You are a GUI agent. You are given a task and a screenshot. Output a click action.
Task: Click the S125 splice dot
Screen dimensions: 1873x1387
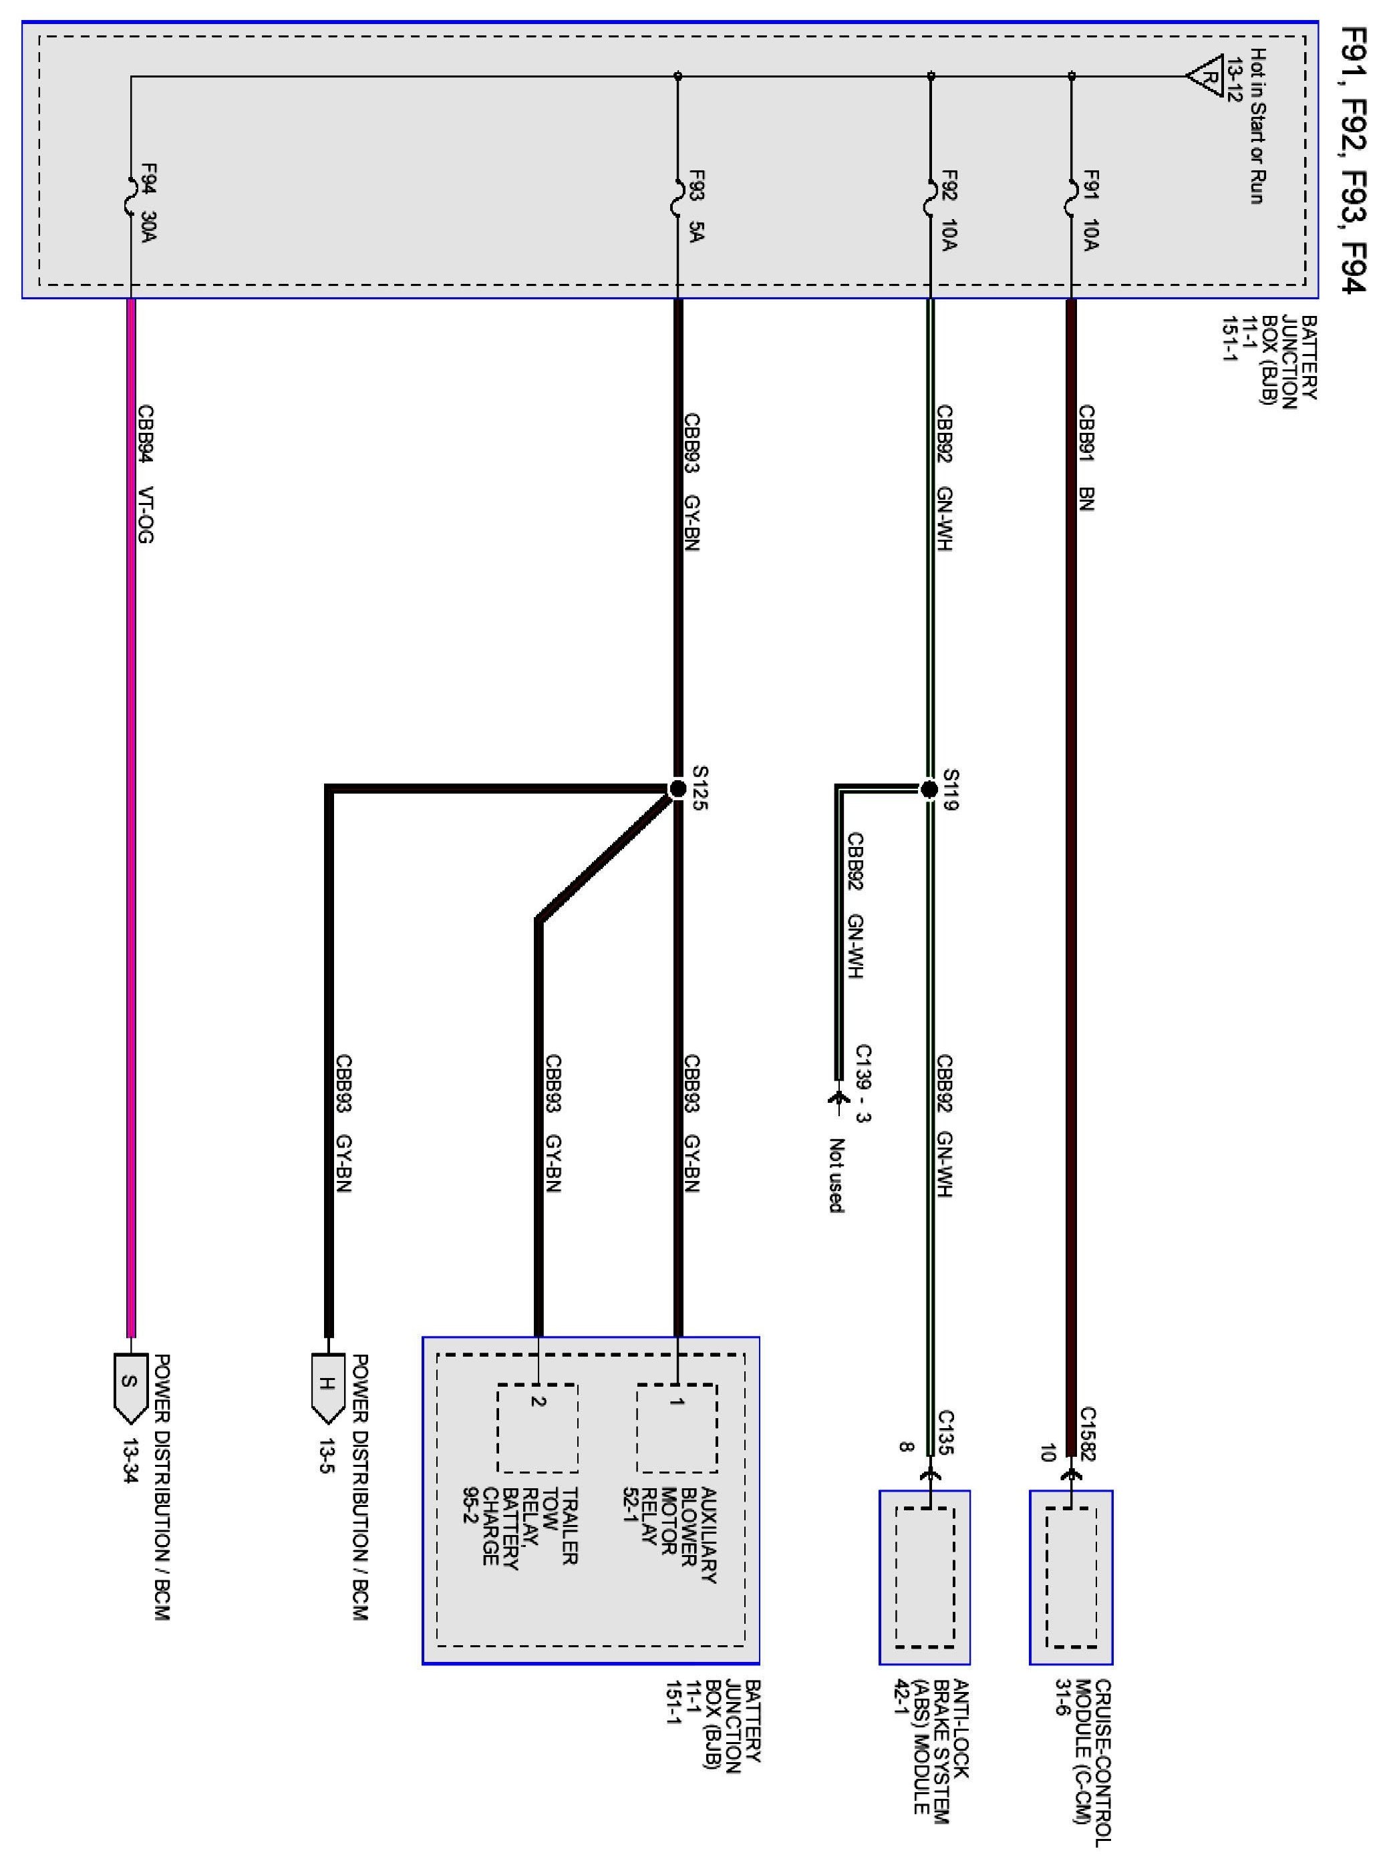[x=677, y=788]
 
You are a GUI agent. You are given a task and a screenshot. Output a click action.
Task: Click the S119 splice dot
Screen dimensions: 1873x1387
[x=929, y=789]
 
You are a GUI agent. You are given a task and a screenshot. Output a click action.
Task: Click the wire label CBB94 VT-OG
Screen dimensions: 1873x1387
[x=146, y=474]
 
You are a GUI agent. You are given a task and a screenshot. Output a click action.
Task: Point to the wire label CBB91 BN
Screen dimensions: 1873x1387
[x=1086, y=458]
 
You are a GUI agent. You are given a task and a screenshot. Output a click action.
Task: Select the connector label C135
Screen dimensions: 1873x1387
[x=945, y=1433]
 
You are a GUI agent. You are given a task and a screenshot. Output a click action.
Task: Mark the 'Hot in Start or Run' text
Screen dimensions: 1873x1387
[x=1257, y=126]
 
